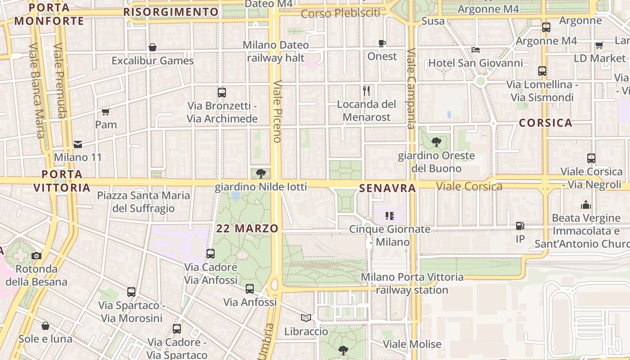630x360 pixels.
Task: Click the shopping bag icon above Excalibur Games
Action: click(153, 47)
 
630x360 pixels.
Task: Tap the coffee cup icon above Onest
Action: click(382, 43)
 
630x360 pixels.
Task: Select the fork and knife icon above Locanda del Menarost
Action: click(366, 91)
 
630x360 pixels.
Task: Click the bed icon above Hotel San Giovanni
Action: click(476, 49)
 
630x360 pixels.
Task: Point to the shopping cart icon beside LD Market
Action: click(599, 45)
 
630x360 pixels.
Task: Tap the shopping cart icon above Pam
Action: click(105, 112)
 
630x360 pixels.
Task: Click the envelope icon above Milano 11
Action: click(78, 144)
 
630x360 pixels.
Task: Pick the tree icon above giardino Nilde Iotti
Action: click(261, 173)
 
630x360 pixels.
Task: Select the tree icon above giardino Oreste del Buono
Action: click(436, 143)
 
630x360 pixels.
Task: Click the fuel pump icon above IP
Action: click(520, 226)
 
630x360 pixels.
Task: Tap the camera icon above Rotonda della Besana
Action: click(36, 256)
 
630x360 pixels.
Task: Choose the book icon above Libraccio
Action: click(306, 318)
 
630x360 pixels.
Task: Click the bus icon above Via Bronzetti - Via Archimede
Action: click(222, 93)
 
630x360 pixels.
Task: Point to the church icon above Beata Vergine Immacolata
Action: click(586, 205)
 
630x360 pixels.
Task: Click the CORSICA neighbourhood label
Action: click(545, 123)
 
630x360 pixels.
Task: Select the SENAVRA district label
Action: click(387, 189)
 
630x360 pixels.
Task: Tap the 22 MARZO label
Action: click(247, 228)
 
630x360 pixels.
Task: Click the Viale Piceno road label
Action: click(277, 111)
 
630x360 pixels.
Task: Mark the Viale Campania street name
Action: click(411, 89)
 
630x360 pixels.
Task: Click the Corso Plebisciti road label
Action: click(340, 13)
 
